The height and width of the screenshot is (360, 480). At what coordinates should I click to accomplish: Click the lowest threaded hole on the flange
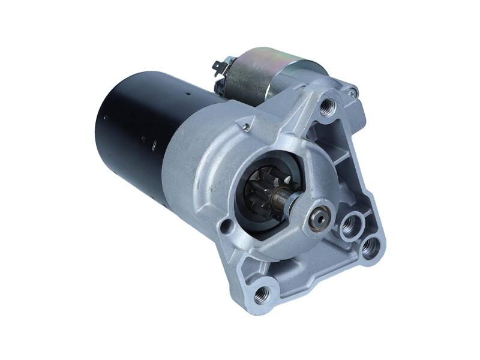click(262, 293)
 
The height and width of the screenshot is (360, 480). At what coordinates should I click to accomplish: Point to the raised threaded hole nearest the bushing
click(349, 227)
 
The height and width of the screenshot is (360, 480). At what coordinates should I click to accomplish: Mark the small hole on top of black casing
click(187, 94)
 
